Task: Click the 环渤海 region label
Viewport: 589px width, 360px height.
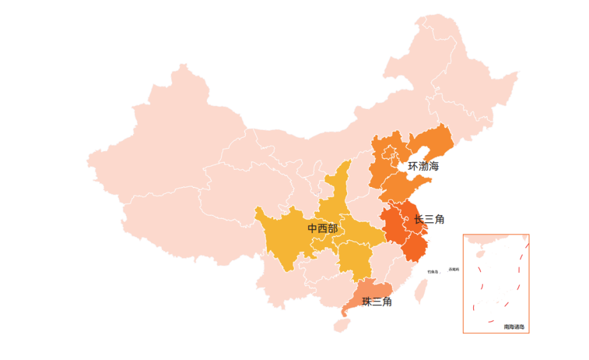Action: click(x=424, y=167)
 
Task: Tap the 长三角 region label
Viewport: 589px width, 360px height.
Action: click(x=429, y=220)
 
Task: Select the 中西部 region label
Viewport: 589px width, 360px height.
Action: click(x=322, y=229)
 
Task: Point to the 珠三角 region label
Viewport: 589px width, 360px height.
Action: click(x=377, y=302)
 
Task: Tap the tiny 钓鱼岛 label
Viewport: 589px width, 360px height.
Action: click(x=433, y=272)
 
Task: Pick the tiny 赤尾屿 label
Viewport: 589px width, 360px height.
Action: click(x=453, y=269)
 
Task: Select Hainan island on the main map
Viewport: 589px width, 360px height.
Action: click(x=342, y=325)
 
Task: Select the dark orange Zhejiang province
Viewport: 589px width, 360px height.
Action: click(x=414, y=247)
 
